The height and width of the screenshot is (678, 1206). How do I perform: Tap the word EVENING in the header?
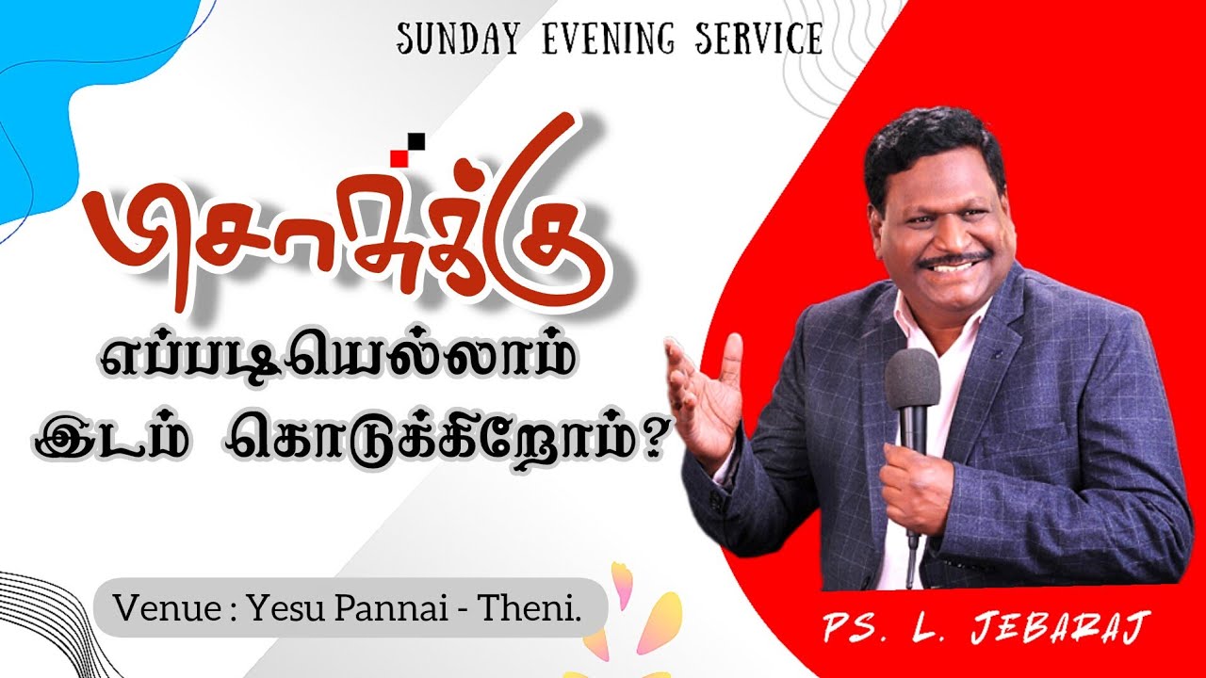pos(588,39)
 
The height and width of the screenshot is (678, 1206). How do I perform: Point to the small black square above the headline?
pos(416,141)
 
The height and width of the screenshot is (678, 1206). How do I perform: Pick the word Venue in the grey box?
pos(160,607)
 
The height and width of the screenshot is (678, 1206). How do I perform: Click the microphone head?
pos(911,382)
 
